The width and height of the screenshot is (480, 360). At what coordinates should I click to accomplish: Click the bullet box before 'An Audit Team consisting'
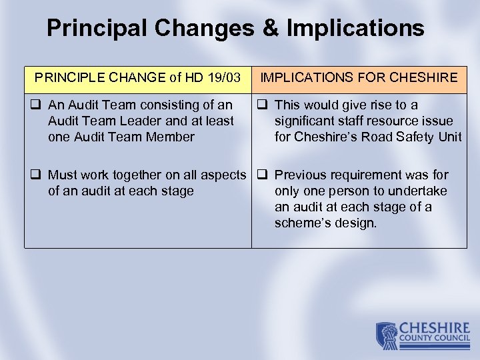37,105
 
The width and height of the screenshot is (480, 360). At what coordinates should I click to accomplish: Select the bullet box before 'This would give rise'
263,105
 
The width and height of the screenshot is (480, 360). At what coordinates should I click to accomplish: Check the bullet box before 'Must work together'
37,175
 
